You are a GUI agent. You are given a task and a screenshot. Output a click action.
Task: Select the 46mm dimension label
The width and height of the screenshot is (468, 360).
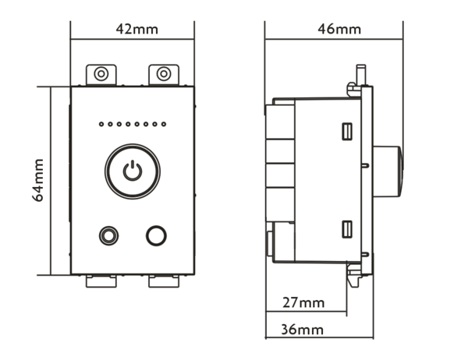(339, 30)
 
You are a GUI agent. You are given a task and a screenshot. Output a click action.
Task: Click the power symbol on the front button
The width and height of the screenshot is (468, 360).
(133, 171)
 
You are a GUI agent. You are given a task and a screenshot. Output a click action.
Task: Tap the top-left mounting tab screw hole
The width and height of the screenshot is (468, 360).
(101, 74)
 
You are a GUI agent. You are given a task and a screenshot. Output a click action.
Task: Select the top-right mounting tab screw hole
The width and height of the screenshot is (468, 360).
(163, 74)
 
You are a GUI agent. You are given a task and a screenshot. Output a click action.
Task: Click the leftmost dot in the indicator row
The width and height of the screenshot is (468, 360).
(101, 124)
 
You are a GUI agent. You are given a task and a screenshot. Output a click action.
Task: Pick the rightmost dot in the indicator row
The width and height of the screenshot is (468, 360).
(165, 124)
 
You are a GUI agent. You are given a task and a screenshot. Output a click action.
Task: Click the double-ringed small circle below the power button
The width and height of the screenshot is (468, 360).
(108, 235)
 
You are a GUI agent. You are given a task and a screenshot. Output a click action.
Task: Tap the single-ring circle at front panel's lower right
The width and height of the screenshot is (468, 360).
(157, 235)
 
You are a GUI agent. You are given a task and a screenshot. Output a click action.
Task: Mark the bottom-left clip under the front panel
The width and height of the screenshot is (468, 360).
(101, 280)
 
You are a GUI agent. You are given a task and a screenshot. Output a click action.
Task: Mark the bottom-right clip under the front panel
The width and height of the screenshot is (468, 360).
(163, 280)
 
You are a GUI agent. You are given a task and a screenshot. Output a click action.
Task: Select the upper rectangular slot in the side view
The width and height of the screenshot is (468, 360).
(346, 131)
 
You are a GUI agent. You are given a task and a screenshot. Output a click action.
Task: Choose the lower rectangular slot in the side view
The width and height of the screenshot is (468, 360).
(346, 228)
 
